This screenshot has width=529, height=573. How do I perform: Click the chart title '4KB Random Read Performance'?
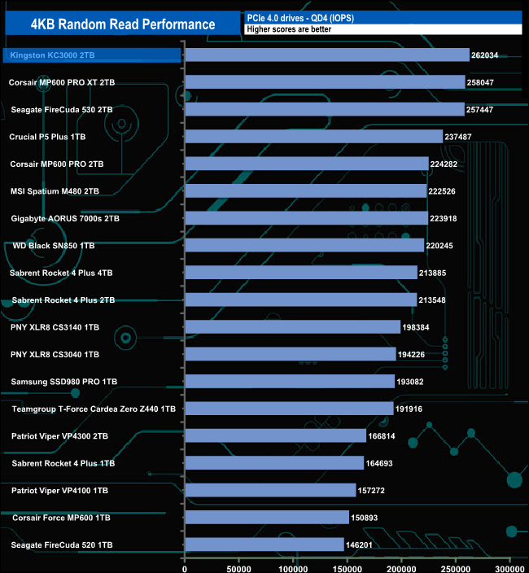point(122,24)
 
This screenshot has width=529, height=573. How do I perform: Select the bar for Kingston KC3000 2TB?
point(327,55)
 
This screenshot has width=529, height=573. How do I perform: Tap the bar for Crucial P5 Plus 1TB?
point(313,137)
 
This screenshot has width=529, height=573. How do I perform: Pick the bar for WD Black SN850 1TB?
point(304,245)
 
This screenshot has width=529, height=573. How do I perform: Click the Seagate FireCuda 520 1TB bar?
point(264,545)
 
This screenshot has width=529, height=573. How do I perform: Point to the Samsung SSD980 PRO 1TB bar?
point(290,381)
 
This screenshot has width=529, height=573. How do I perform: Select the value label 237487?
point(461,137)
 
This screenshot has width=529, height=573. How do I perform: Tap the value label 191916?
point(413,409)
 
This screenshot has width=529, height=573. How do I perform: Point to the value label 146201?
point(363,545)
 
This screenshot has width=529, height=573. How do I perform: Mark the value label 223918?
point(447,218)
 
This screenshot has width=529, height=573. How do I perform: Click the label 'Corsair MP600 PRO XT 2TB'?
point(62,82)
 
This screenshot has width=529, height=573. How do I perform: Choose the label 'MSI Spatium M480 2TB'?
point(55,191)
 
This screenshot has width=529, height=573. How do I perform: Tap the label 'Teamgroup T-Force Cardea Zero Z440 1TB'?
point(94,409)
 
